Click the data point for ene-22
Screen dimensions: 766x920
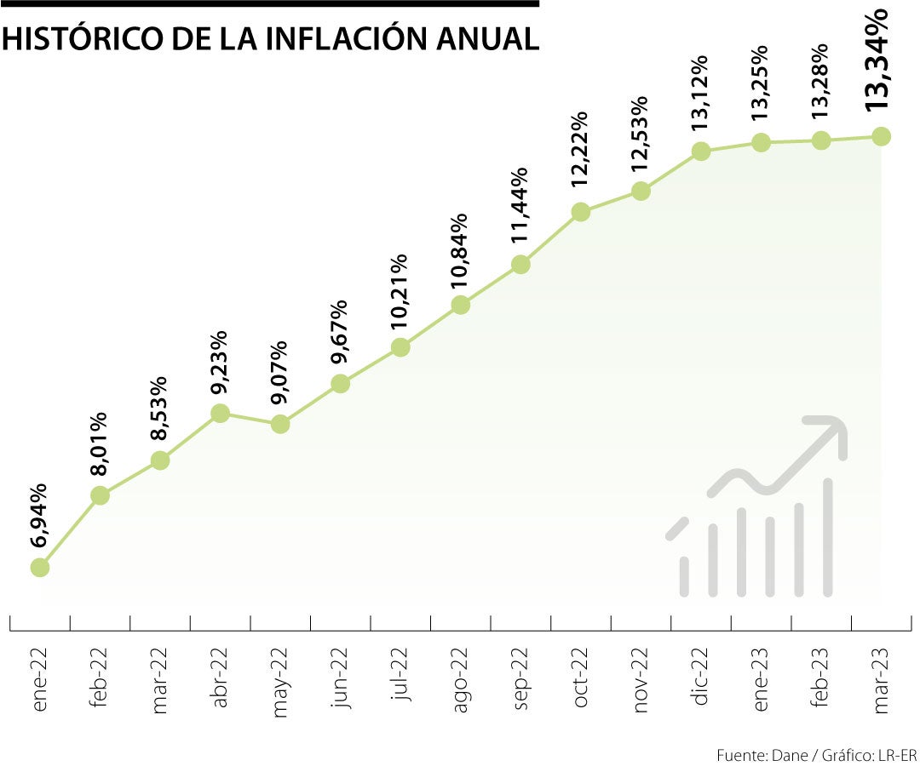pos(40,568)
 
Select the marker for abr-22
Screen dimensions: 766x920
pos(220,414)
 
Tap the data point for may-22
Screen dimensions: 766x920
pos(280,424)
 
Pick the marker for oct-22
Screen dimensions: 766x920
pos(581,212)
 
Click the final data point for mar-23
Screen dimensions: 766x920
pos(882,136)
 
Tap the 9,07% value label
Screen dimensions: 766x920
pos(279,373)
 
